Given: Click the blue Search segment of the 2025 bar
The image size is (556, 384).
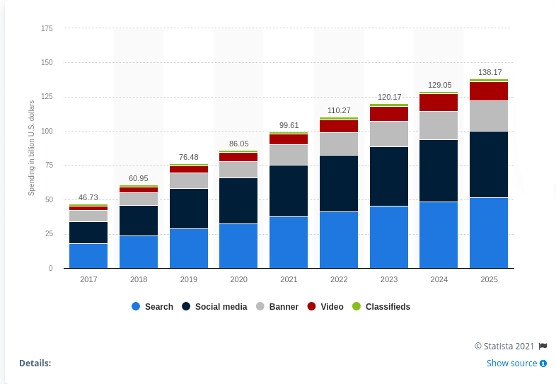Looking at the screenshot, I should click(489, 233).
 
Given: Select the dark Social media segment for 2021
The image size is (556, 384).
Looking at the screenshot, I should click(289, 191).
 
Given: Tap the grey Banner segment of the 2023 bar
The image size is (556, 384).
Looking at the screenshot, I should click(389, 134).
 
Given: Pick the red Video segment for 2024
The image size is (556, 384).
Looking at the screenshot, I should click(439, 103).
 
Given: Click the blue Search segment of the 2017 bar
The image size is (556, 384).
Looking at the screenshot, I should click(88, 256).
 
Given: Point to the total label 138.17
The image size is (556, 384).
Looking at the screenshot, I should click(490, 72).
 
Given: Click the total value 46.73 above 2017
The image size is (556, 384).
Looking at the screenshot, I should click(88, 197).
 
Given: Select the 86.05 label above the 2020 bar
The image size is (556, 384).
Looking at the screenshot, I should click(238, 144).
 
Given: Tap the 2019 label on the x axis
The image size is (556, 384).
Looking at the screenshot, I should click(189, 279).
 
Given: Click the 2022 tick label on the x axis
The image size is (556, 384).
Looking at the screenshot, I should click(339, 279).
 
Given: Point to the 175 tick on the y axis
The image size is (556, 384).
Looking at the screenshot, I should click(47, 28).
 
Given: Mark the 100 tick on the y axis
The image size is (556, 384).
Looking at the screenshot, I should click(47, 132).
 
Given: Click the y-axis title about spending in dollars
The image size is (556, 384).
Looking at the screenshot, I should click(31, 149).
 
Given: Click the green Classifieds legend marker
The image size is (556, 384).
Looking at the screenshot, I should click(357, 306).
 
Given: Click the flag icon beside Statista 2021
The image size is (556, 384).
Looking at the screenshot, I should click(543, 346).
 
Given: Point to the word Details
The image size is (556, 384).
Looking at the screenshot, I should click(35, 363).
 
